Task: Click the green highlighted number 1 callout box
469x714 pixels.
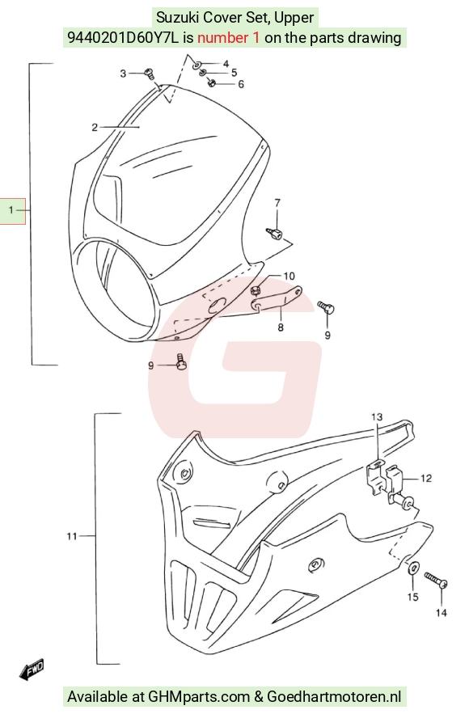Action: pos(12,210)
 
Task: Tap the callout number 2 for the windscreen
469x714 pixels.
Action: pos(95,127)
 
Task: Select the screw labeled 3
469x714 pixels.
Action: pos(149,73)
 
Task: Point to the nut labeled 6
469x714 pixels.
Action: pos(211,82)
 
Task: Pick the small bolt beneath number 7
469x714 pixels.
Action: pos(274,233)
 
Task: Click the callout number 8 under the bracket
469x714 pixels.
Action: pos(281,327)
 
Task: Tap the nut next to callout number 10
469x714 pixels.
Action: pos(256,289)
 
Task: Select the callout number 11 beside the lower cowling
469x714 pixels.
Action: pos(72,536)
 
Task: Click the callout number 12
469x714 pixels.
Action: pos(426,478)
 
